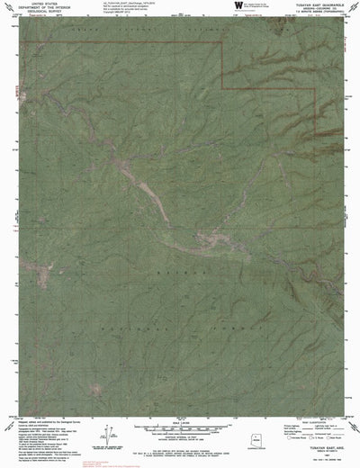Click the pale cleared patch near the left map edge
(x=43, y=272)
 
